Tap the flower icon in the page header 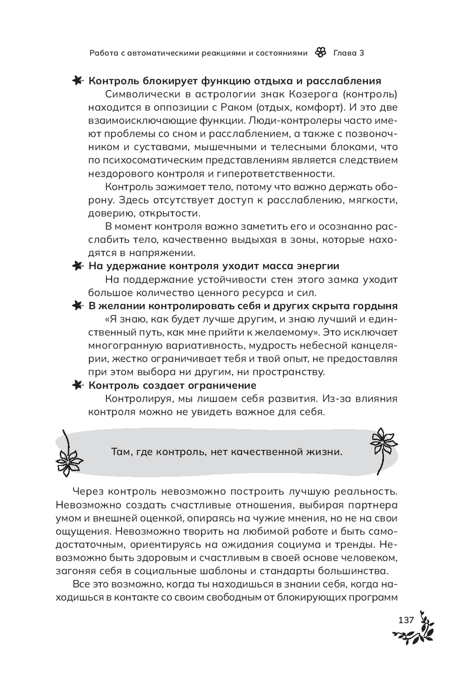tap(320, 53)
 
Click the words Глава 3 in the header tap(349, 53)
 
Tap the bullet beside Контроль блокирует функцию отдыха tap(77, 81)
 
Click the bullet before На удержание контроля tap(77, 266)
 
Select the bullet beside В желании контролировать tap(77, 306)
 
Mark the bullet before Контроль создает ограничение tap(77, 385)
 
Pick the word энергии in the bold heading tap(316, 266)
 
